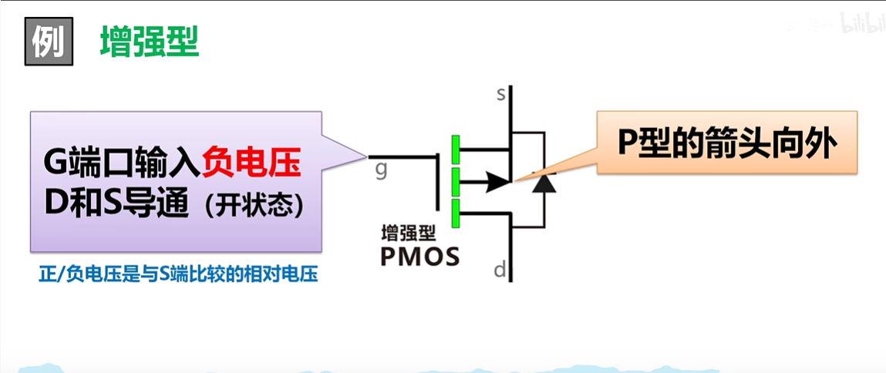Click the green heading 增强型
(x=149, y=43)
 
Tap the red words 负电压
(x=251, y=164)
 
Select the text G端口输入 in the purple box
(x=122, y=164)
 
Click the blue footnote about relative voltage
(x=178, y=275)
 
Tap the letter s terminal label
(x=500, y=95)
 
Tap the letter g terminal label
(x=381, y=168)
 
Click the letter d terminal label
(x=500, y=270)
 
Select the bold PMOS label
(x=419, y=257)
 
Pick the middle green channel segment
(x=456, y=182)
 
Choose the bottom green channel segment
(x=456, y=213)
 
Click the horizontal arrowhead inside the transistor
(x=497, y=182)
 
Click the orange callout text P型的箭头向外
(x=727, y=143)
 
